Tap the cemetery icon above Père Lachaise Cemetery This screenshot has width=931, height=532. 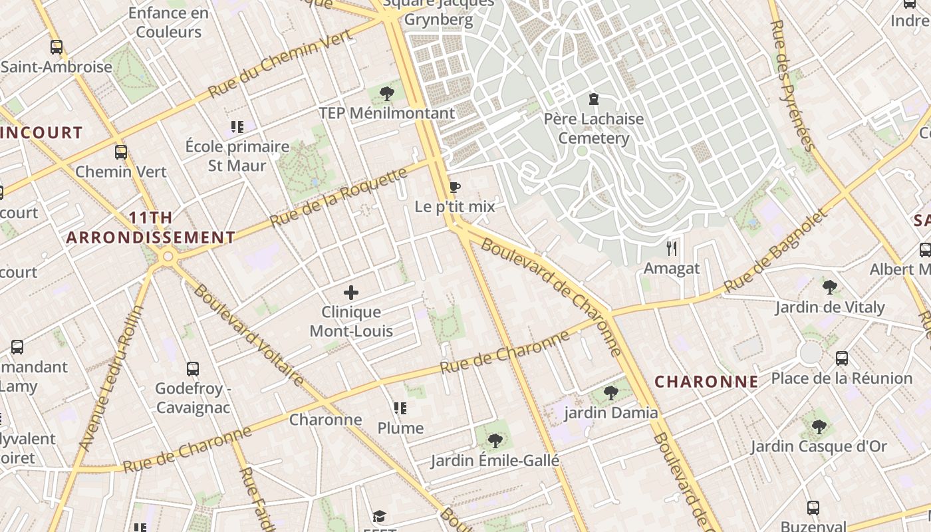click(593, 100)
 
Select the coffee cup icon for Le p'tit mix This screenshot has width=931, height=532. click(454, 187)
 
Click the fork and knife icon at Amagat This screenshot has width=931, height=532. click(672, 249)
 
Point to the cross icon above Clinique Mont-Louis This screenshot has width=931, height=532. click(351, 293)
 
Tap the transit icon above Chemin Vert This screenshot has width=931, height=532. click(120, 152)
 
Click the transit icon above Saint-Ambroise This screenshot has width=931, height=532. click(57, 47)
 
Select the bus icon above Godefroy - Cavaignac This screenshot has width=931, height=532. click(193, 368)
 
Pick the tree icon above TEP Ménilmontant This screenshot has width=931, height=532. click(386, 94)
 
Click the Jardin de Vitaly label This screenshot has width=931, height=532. click(830, 307)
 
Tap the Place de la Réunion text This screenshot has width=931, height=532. click(841, 378)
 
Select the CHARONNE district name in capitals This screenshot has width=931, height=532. click(706, 381)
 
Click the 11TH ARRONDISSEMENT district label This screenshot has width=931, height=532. click(150, 227)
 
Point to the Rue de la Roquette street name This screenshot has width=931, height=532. click(338, 198)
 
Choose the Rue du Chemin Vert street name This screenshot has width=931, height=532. click(280, 65)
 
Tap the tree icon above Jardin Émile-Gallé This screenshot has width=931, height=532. click(495, 440)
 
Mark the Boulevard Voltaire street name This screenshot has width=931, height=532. click(249, 336)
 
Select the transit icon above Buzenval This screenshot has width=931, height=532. click(813, 508)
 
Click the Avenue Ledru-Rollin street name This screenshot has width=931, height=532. click(111, 378)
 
